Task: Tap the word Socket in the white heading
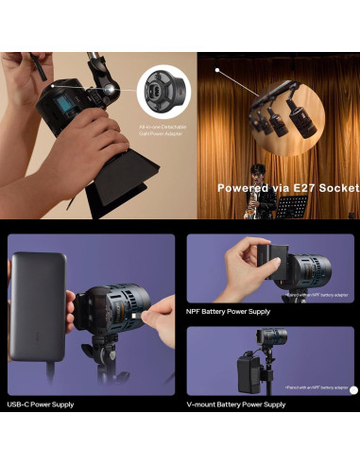(x=334, y=188)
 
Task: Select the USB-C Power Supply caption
(x=42, y=405)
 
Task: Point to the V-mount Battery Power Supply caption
(x=236, y=405)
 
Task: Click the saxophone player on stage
(x=254, y=193)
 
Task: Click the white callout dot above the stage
(x=217, y=69)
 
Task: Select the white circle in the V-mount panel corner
(x=353, y=389)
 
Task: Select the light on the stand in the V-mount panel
(x=275, y=337)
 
